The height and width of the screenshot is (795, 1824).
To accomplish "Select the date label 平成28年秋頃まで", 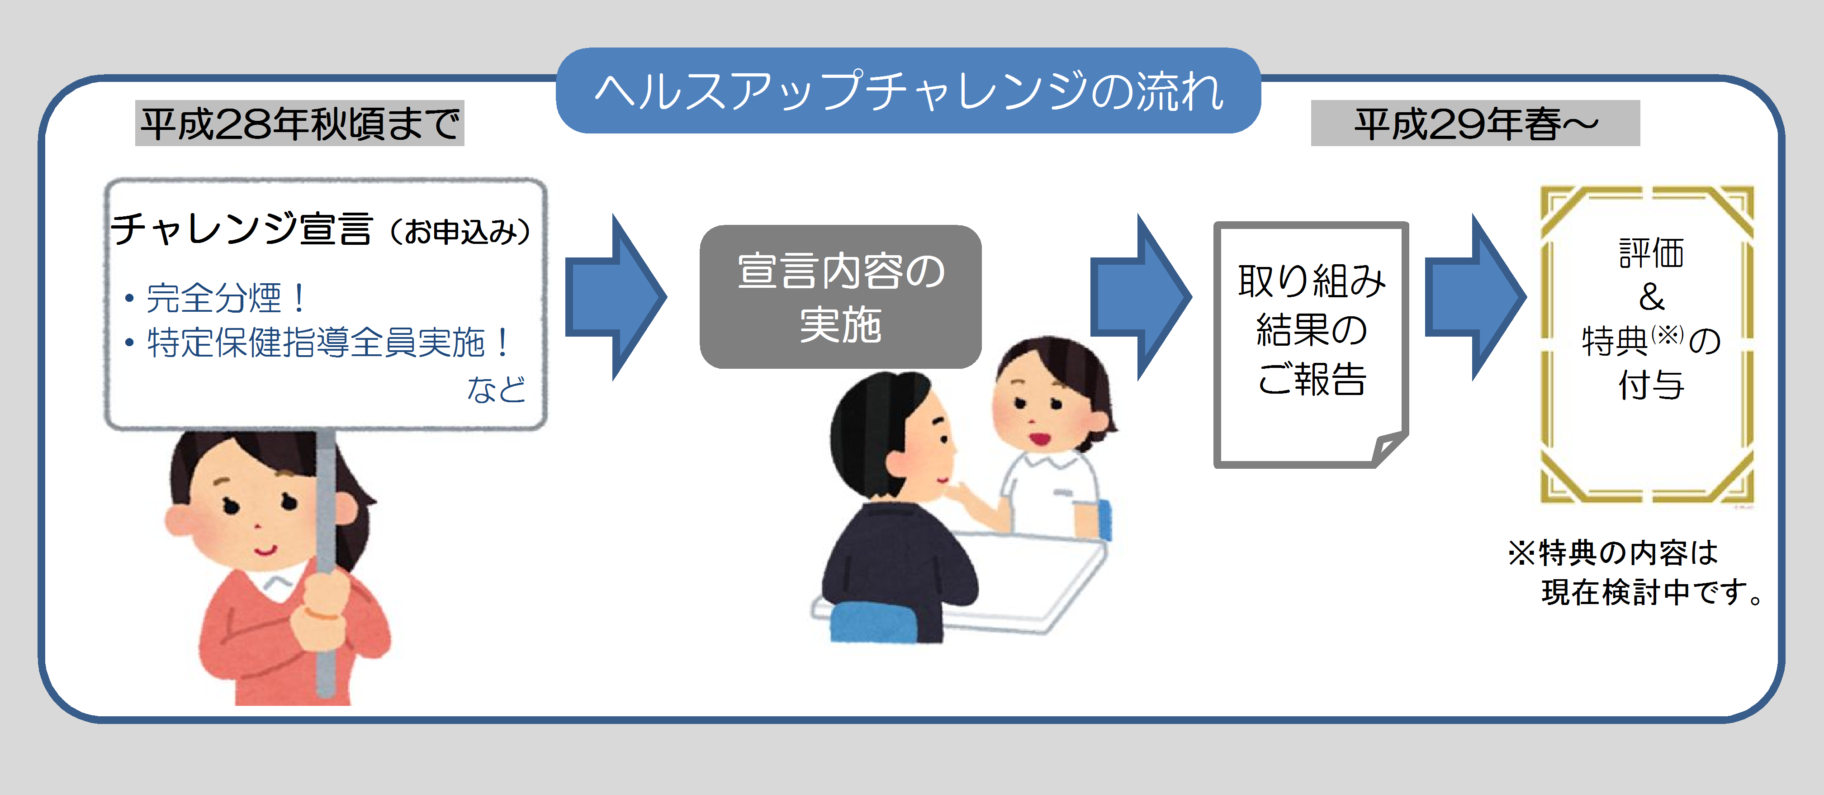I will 299,124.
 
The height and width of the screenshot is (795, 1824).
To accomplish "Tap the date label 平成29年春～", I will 1475,124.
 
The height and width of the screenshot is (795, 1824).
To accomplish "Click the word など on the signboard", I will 496,389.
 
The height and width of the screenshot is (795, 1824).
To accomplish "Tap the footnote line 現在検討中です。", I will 1650,592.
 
